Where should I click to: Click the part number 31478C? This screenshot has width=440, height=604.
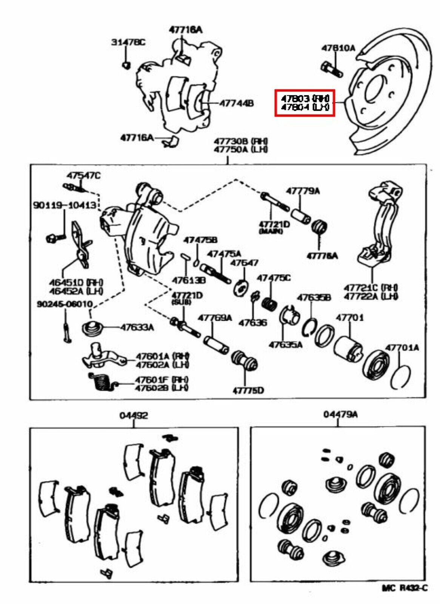click(128, 42)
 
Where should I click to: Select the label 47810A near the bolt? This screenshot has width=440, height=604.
click(338, 48)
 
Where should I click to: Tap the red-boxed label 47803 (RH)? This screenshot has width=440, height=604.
click(305, 99)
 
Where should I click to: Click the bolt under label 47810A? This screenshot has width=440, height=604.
click(331, 70)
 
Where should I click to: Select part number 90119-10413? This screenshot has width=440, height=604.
click(64, 205)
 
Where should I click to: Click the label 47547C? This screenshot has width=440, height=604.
click(84, 176)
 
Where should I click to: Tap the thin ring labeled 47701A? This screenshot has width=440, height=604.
click(400, 377)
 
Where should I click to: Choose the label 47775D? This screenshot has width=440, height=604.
click(248, 390)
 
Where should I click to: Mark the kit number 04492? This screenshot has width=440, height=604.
click(134, 415)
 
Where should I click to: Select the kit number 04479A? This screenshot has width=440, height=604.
click(340, 414)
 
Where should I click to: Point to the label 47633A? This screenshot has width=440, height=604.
click(137, 327)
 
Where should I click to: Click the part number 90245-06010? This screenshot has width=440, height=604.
click(65, 304)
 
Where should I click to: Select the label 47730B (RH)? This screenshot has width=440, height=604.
click(241, 141)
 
